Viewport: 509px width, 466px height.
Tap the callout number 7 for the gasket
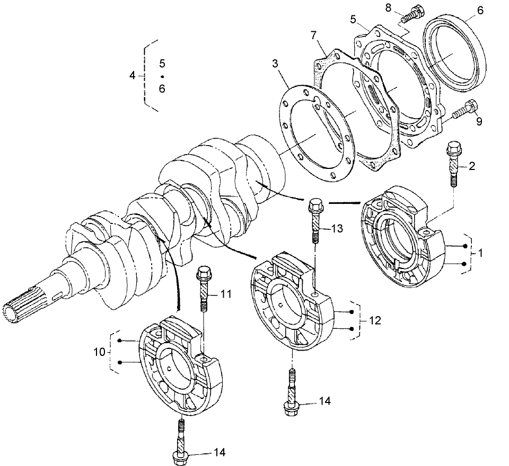tap(314, 36)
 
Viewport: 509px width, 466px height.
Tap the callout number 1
tap(480, 253)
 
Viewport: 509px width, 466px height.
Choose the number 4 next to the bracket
tap(133, 75)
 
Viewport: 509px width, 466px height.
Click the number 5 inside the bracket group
tap(162, 63)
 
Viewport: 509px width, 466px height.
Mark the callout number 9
tap(479, 121)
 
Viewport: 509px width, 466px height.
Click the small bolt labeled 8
tap(409, 15)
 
